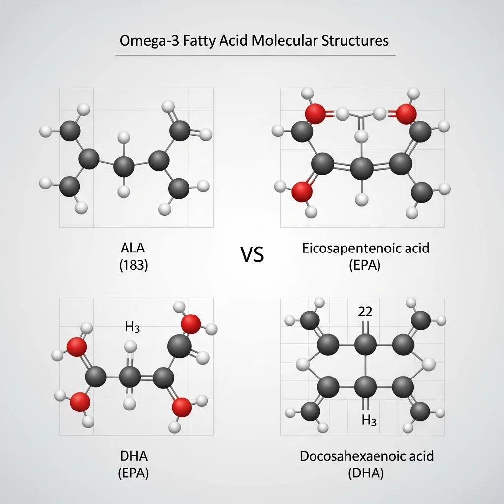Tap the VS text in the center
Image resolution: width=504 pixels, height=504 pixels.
(252, 254)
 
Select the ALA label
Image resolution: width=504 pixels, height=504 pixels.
(133, 248)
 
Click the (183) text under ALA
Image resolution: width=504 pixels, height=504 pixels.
(133, 265)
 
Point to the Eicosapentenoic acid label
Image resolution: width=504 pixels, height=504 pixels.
(366, 248)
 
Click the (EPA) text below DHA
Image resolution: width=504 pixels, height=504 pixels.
(133, 473)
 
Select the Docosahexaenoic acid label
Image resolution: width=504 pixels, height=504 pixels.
(366, 456)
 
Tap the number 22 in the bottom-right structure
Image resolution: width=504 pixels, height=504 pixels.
(365, 311)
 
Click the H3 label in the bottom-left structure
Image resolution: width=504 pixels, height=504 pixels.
(132, 327)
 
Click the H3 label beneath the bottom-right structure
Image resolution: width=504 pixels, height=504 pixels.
(369, 420)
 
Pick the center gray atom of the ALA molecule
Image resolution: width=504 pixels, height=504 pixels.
(124, 166)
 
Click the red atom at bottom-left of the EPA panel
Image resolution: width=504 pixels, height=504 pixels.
(302, 191)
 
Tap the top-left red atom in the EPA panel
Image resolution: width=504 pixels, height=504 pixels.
(315, 114)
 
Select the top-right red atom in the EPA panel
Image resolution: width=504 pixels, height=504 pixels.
(406, 114)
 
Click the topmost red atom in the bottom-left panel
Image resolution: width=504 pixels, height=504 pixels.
(191, 324)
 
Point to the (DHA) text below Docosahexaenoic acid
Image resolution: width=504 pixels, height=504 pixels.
(366, 473)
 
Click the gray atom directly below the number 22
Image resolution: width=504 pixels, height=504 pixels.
(366, 345)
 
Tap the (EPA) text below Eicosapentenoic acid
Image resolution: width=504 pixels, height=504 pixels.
(365, 265)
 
